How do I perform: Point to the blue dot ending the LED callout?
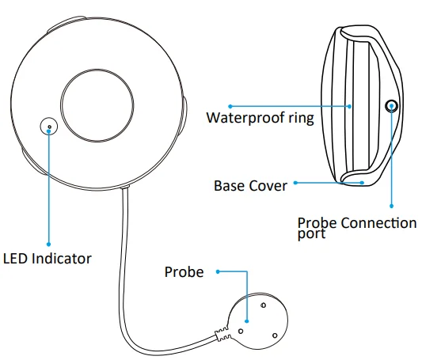[49, 243]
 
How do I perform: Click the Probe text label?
[184, 272]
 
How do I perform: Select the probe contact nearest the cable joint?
[241, 331]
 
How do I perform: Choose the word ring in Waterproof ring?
[302, 119]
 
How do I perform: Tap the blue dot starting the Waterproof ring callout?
[230, 104]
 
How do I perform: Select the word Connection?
[377, 223]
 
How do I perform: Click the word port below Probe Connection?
[311, 234]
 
